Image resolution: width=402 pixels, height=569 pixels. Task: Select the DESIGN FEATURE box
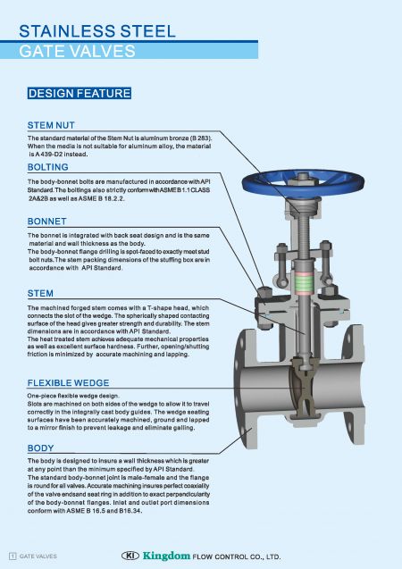(80, 93)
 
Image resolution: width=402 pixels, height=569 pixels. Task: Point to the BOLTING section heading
(49, 167)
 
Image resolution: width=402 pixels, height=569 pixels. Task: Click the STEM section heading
(41, 292)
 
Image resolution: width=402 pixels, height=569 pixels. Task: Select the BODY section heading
(41, 448)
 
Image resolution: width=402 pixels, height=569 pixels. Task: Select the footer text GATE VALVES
(39, 556)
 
